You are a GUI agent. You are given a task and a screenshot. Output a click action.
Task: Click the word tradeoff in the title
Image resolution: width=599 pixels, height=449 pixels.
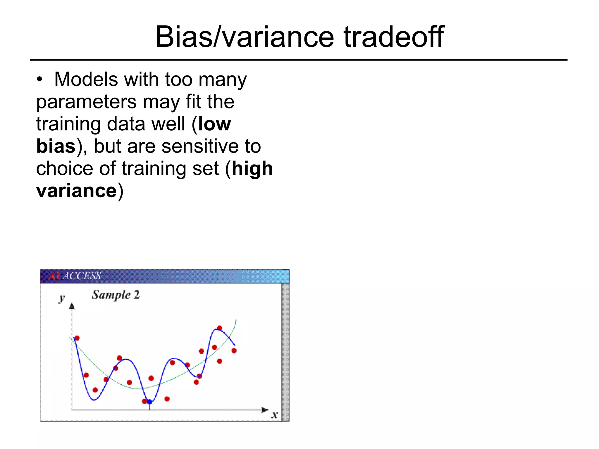point(394,37)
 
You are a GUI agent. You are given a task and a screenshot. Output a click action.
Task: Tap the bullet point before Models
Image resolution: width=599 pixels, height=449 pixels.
point(40,80)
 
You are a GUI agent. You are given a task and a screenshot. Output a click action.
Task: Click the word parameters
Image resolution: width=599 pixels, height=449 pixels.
point(86,102)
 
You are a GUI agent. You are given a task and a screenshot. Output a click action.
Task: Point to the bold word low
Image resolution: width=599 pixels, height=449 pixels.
point(214,124)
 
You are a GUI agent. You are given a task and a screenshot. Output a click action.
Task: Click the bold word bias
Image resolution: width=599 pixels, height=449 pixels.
point(56,146)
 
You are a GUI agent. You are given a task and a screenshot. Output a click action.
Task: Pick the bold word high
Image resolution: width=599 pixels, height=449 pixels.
point(252,169)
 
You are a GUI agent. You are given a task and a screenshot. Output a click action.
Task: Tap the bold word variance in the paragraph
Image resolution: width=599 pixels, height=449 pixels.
point(77,191)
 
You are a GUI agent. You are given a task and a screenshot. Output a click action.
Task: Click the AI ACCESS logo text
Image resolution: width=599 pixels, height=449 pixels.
point(75,276)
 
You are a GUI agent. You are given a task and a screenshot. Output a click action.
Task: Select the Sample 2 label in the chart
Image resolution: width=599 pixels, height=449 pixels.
point(116,295)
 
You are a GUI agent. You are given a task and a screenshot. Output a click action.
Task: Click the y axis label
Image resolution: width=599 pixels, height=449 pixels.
point(62,298)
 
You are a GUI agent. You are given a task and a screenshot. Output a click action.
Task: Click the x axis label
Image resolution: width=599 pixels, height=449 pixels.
point(274,414)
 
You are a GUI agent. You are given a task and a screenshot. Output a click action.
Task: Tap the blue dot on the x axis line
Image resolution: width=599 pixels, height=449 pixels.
point(149,402)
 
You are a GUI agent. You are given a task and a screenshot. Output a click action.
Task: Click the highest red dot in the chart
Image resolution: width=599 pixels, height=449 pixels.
point(220,328)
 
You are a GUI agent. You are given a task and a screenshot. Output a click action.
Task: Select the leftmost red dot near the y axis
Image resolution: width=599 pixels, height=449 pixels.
point(77,338)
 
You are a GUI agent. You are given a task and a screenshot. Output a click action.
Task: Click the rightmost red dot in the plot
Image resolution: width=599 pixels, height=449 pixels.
point(234,350)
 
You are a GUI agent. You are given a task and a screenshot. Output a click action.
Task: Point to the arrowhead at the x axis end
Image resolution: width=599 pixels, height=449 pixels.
point(265,410)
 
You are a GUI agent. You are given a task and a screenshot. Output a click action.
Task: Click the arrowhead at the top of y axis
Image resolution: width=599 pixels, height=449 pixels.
point(72,306)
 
